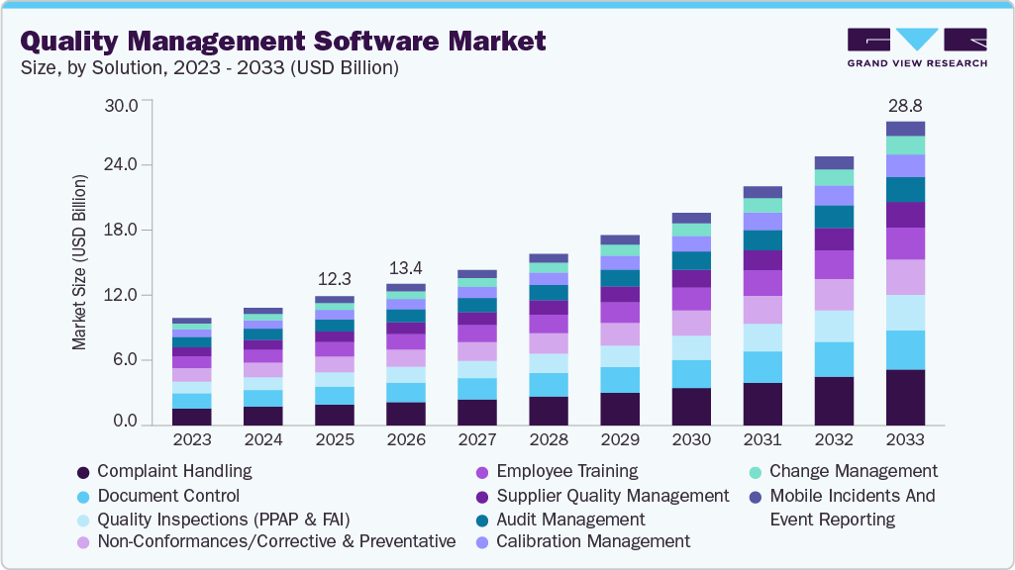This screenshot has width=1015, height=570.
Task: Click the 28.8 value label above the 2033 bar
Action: [905, 105]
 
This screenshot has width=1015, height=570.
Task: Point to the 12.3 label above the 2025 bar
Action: [335, 279]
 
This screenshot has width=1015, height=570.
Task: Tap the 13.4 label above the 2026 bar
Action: [406, 268]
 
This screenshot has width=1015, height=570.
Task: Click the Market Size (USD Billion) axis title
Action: [79, 263]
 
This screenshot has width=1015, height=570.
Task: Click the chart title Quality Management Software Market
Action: [282, 41]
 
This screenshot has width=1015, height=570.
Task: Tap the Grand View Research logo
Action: [916, 47]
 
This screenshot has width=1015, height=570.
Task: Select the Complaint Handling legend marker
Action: [84, 472]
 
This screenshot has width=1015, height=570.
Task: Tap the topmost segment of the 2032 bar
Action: [834, 163]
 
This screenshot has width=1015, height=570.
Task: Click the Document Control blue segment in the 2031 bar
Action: [762, 367]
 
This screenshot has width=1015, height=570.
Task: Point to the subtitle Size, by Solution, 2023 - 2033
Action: [209, 68]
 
